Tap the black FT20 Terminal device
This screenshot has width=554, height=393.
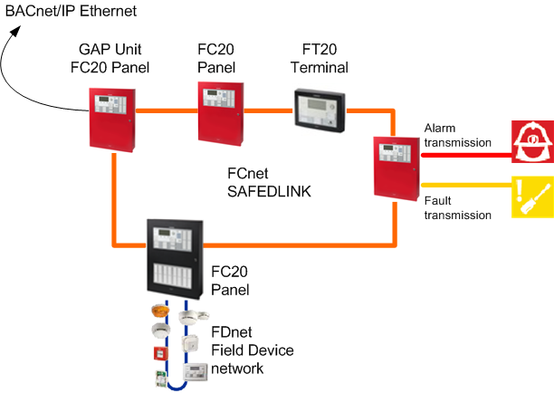pyautogui.click(x=320, y=110)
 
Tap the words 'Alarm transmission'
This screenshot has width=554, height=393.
pyautogui.click(x=457, y=136)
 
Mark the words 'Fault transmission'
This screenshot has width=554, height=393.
pyautogui.click(x=457, y=207)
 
